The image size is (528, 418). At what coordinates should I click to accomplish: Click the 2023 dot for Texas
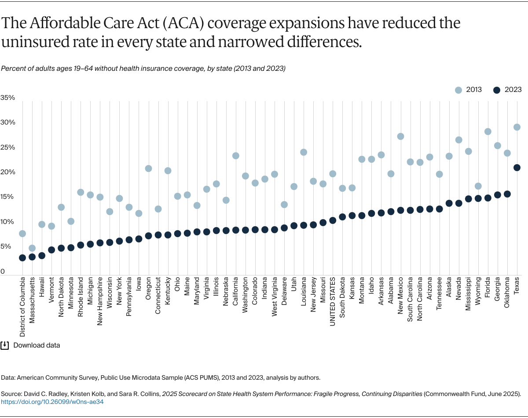[x=517, y=167]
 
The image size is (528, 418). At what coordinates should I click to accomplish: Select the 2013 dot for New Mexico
[x=400, y=136]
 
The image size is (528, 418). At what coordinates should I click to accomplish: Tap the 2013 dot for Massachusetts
[x=32, y=248]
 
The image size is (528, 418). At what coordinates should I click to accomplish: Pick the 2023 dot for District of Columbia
[x=22, y=258]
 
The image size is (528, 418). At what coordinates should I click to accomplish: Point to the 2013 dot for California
[x=236, y=156]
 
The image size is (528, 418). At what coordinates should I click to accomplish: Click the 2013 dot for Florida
[x=488, y=132]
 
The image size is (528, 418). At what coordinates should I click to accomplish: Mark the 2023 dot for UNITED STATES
[x=333, y=220]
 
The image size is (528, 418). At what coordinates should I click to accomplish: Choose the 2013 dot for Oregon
[x=149, y=169]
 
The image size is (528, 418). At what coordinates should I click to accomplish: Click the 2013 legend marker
[x=459, y=90]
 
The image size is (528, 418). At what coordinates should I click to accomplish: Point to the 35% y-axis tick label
[x=7, y=98]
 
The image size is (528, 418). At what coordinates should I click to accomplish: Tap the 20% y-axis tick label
[x=7, y=172]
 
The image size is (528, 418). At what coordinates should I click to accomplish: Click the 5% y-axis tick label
[x=6, y=246]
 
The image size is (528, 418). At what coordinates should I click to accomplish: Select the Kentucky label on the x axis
[x=168, y=290]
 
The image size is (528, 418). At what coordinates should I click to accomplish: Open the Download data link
[x=37, y=345]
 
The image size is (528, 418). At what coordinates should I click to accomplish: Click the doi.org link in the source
[x=52, y=402]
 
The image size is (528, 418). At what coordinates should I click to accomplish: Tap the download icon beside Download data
[x=5, y=345]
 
